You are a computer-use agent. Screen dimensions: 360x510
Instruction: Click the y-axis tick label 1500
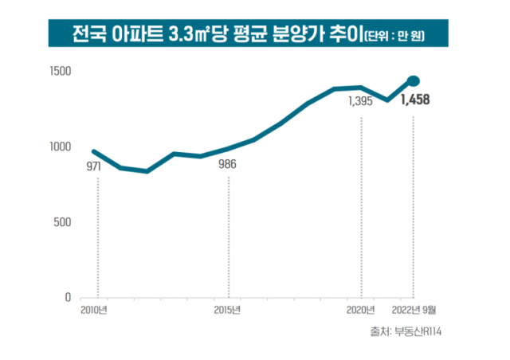point(62,72)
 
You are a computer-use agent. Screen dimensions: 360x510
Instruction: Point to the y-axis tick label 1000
point(62,147)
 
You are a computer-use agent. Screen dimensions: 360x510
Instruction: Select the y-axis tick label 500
point(65,222)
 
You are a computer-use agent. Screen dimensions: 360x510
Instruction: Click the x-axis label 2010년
point(94,310)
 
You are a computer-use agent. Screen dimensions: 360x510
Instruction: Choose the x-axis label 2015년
point(228,310)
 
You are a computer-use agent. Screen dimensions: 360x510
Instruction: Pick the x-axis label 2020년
point(361,310)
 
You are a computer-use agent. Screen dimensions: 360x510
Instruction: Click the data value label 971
point(97,167)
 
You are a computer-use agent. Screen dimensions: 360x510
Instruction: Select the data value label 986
point(228,166)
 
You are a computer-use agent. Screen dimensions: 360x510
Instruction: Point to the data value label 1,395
point(361,101)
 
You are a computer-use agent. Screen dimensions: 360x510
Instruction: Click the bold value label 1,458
point(416,100)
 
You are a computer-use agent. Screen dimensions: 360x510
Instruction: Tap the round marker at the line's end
point(414,80)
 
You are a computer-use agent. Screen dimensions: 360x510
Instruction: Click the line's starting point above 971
point(94,151)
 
